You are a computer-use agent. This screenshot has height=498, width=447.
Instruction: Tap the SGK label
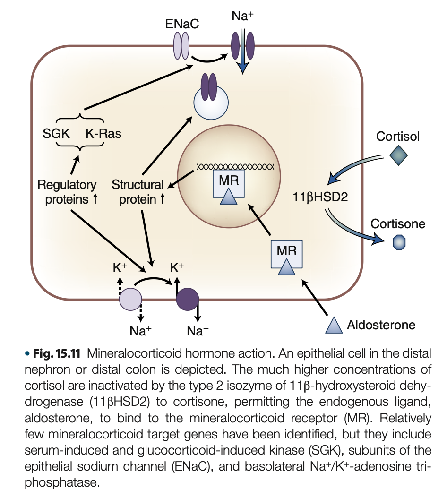[x=56, y=134]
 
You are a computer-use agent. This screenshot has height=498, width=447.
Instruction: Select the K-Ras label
[x=103, y=134]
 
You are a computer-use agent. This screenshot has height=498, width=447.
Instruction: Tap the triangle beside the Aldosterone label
[x=334, y=325]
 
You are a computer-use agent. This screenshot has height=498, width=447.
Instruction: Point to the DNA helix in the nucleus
[x=235, y=167]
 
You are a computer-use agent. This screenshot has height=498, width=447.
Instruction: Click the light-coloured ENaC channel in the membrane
[x=182, y=46]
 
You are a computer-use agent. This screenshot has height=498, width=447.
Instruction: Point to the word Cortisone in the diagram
[x=398, y=223]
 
